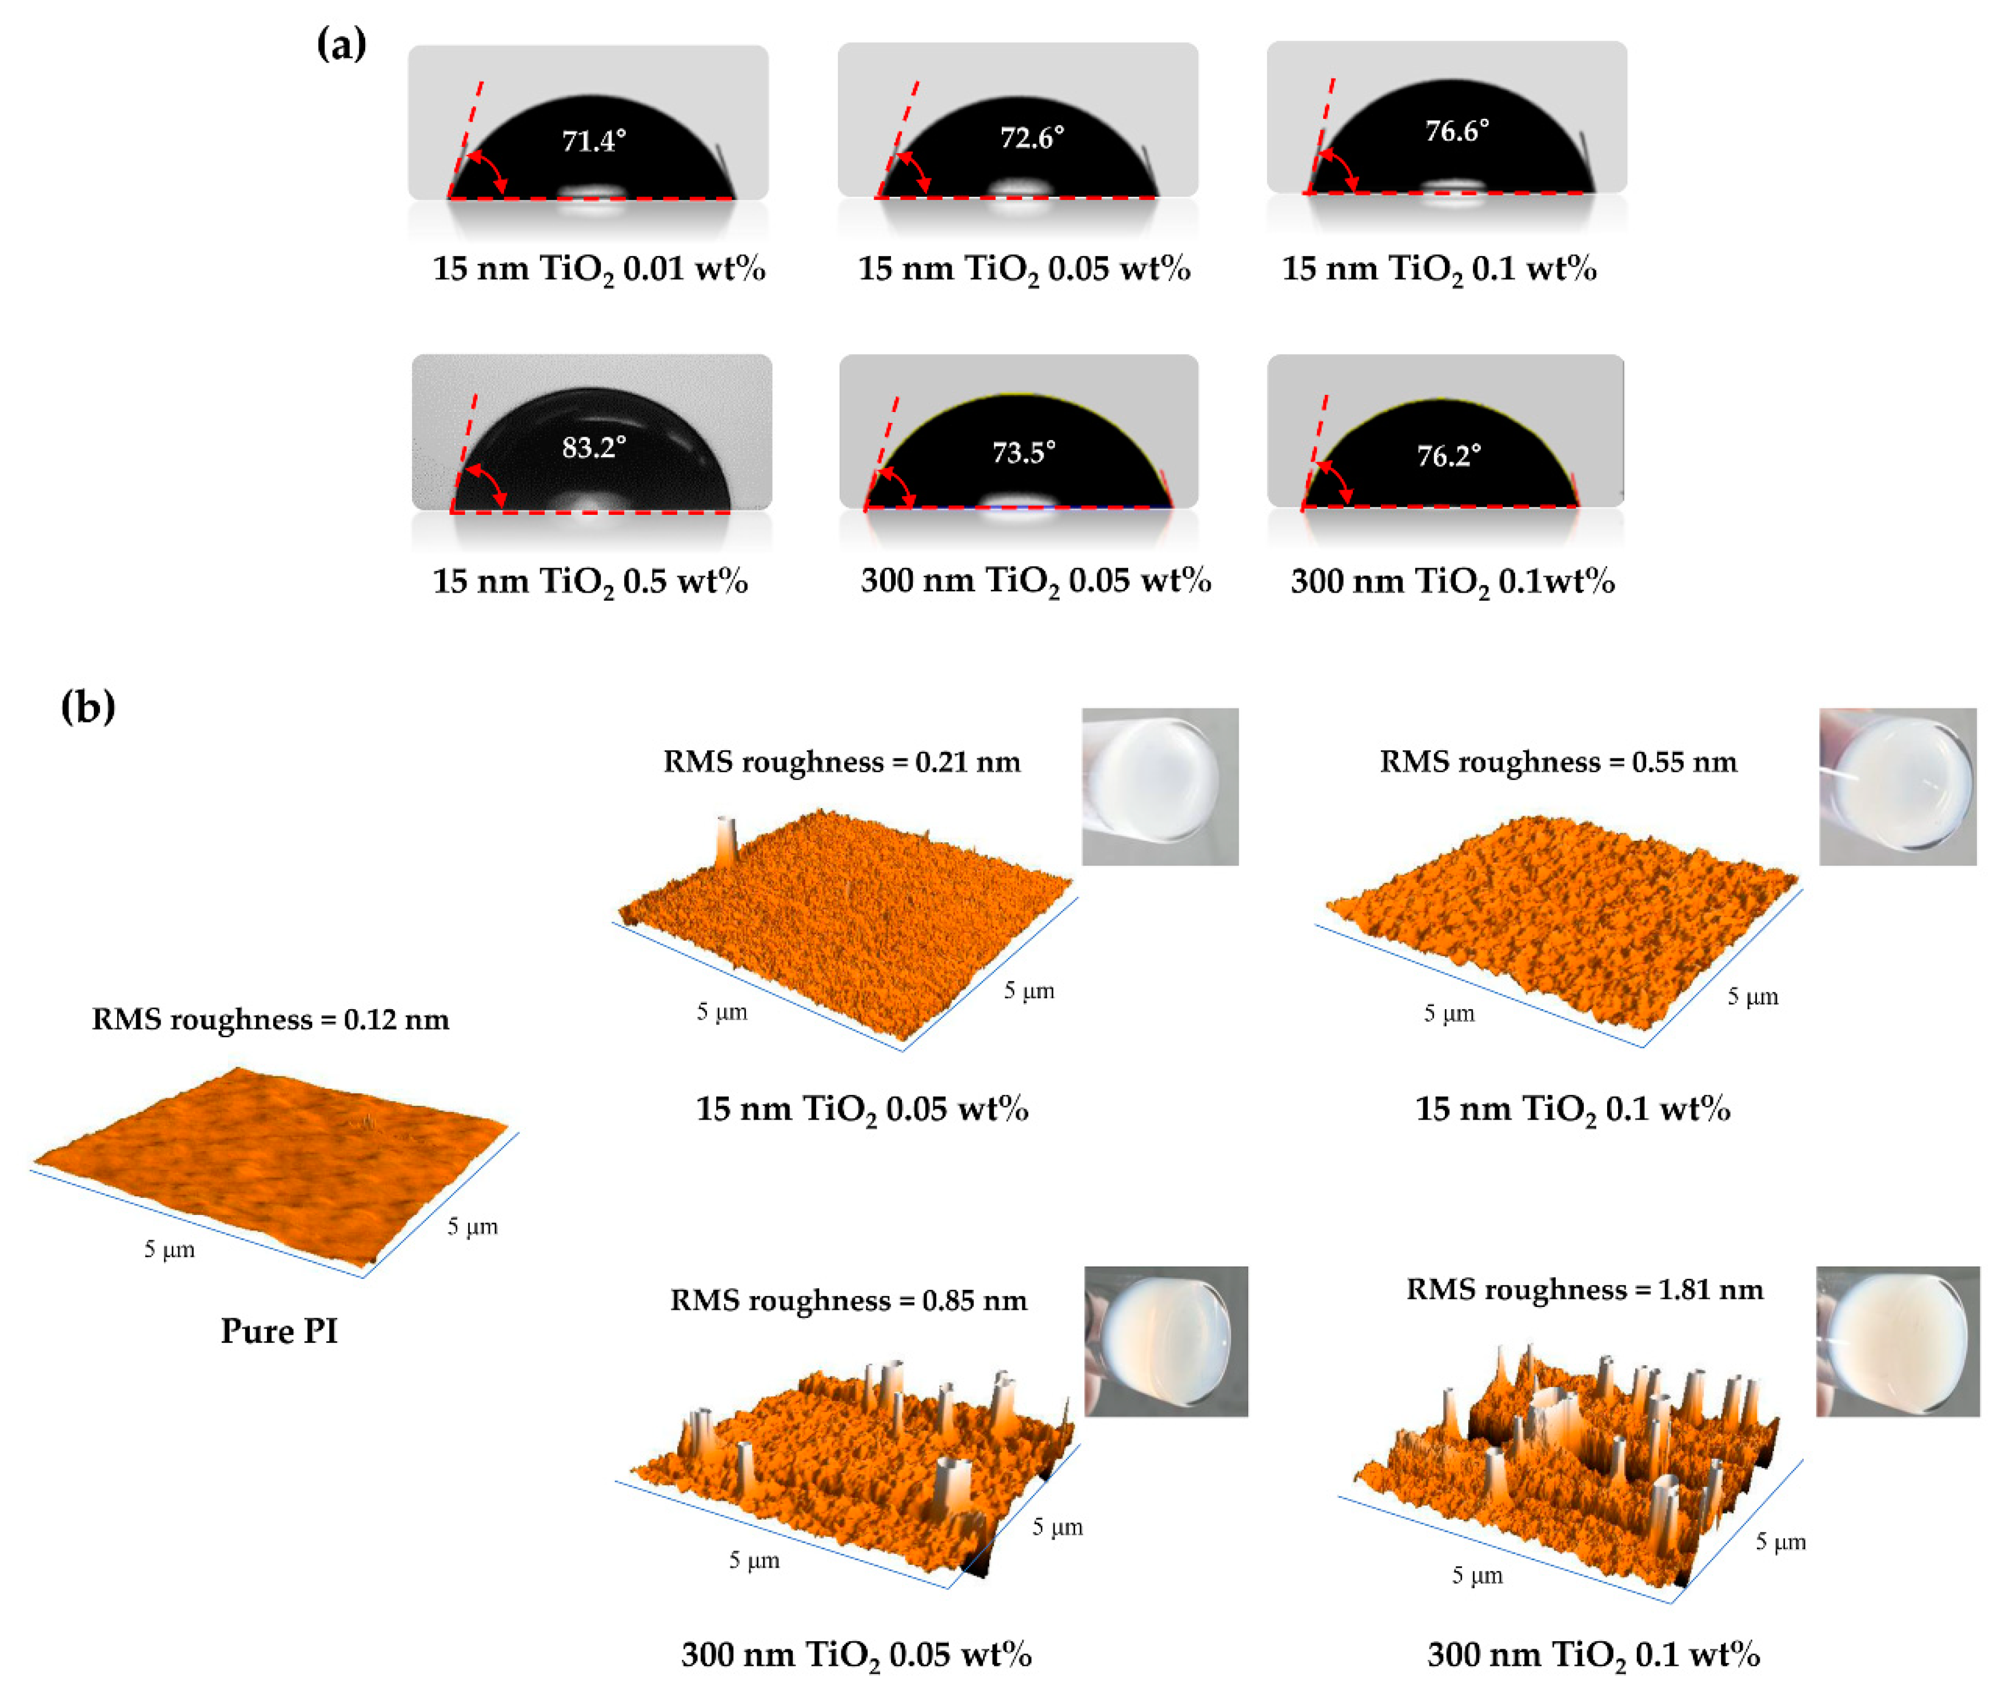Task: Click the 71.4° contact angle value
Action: (593, 142)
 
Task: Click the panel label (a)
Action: (341, 43)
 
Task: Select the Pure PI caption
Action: (279, 1331)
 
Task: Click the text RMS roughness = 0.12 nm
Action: (271, 1019)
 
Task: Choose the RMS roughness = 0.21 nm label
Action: (842, 762)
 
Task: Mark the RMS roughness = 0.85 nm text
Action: (849, 1300)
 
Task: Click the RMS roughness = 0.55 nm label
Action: (1559, 762)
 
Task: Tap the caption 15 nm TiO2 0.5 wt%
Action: (589, 582)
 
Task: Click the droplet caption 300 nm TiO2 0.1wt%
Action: (1452, 582)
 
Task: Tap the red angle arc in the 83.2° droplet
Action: (486, 483)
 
